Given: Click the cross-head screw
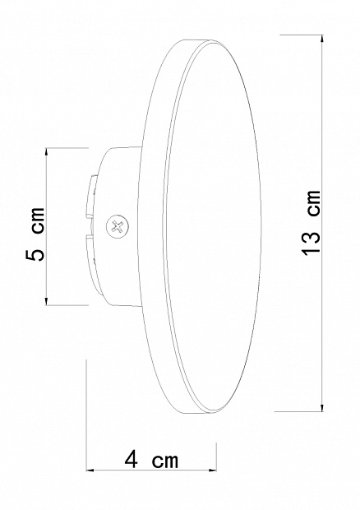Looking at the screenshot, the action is pos(118,226).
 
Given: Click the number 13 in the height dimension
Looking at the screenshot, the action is pos(312,242).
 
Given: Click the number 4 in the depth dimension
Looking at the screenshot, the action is pos(132,460).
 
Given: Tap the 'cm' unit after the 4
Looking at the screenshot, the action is pos(166,461).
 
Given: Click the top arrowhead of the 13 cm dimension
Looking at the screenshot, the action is pos(322,39).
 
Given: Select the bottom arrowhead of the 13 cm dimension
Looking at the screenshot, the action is pos(322,407).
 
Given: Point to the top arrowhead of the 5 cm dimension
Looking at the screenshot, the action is pos(47,152).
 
